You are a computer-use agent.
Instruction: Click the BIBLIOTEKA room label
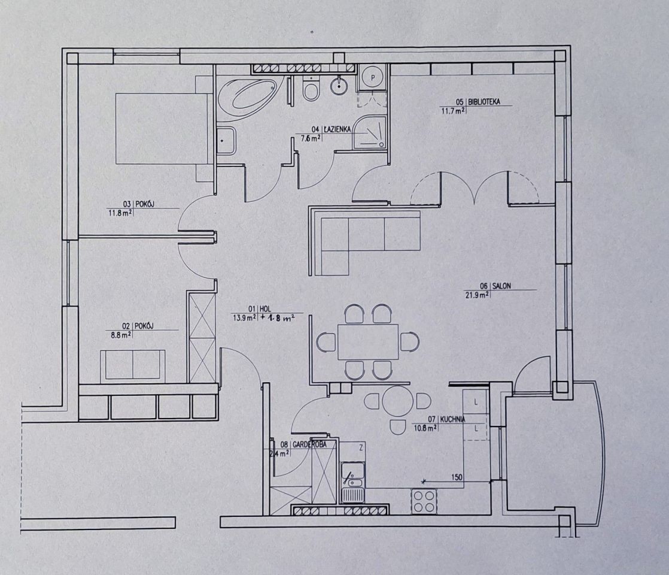point(484,102)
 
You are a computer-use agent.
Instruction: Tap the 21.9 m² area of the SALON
point(477,295)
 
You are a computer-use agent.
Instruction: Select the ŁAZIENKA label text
point(337,129)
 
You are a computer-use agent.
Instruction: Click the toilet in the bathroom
point(310,89)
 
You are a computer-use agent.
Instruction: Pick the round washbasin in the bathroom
point(339,86)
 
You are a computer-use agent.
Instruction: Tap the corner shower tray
point(369,132)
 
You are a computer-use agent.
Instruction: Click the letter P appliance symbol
point(373,78)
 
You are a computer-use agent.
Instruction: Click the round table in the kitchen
point(398,401)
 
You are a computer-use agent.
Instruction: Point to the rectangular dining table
point(368,341)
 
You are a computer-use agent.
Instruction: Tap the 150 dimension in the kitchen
point(457,477)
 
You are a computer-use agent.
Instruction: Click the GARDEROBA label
point(309,444)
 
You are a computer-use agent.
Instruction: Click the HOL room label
point(264,309)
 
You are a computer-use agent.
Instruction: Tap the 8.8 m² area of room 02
point(121,335)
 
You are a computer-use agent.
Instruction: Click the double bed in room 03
point(162,129)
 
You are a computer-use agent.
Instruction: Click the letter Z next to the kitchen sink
point(361,448)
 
